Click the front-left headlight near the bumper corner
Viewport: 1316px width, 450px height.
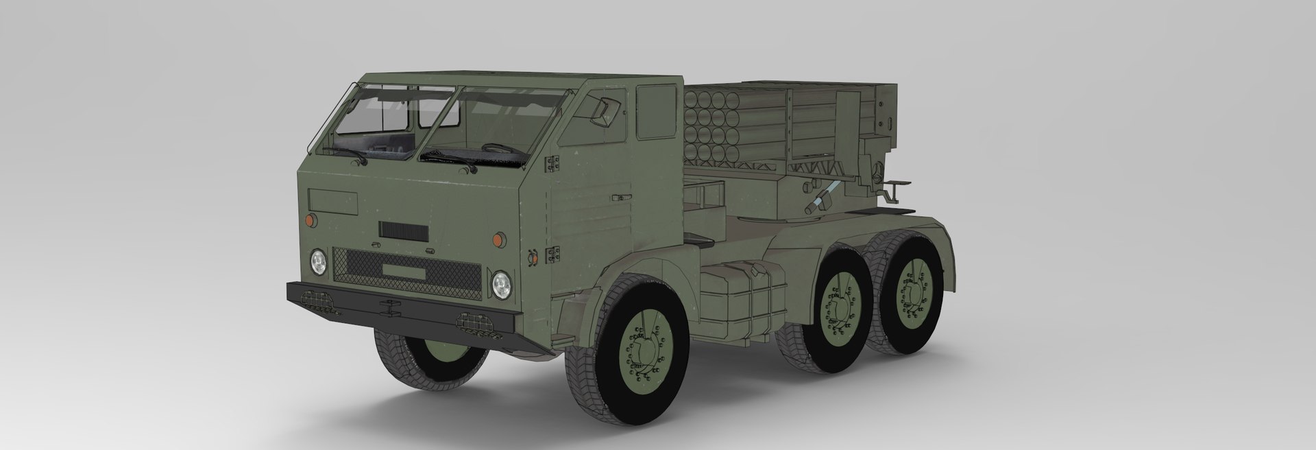coord(317,261)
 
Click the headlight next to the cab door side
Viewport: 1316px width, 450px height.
coord(501,283)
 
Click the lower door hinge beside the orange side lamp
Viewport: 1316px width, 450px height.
coord(550,256)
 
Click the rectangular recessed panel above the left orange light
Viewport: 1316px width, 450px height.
coord(333,200)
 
